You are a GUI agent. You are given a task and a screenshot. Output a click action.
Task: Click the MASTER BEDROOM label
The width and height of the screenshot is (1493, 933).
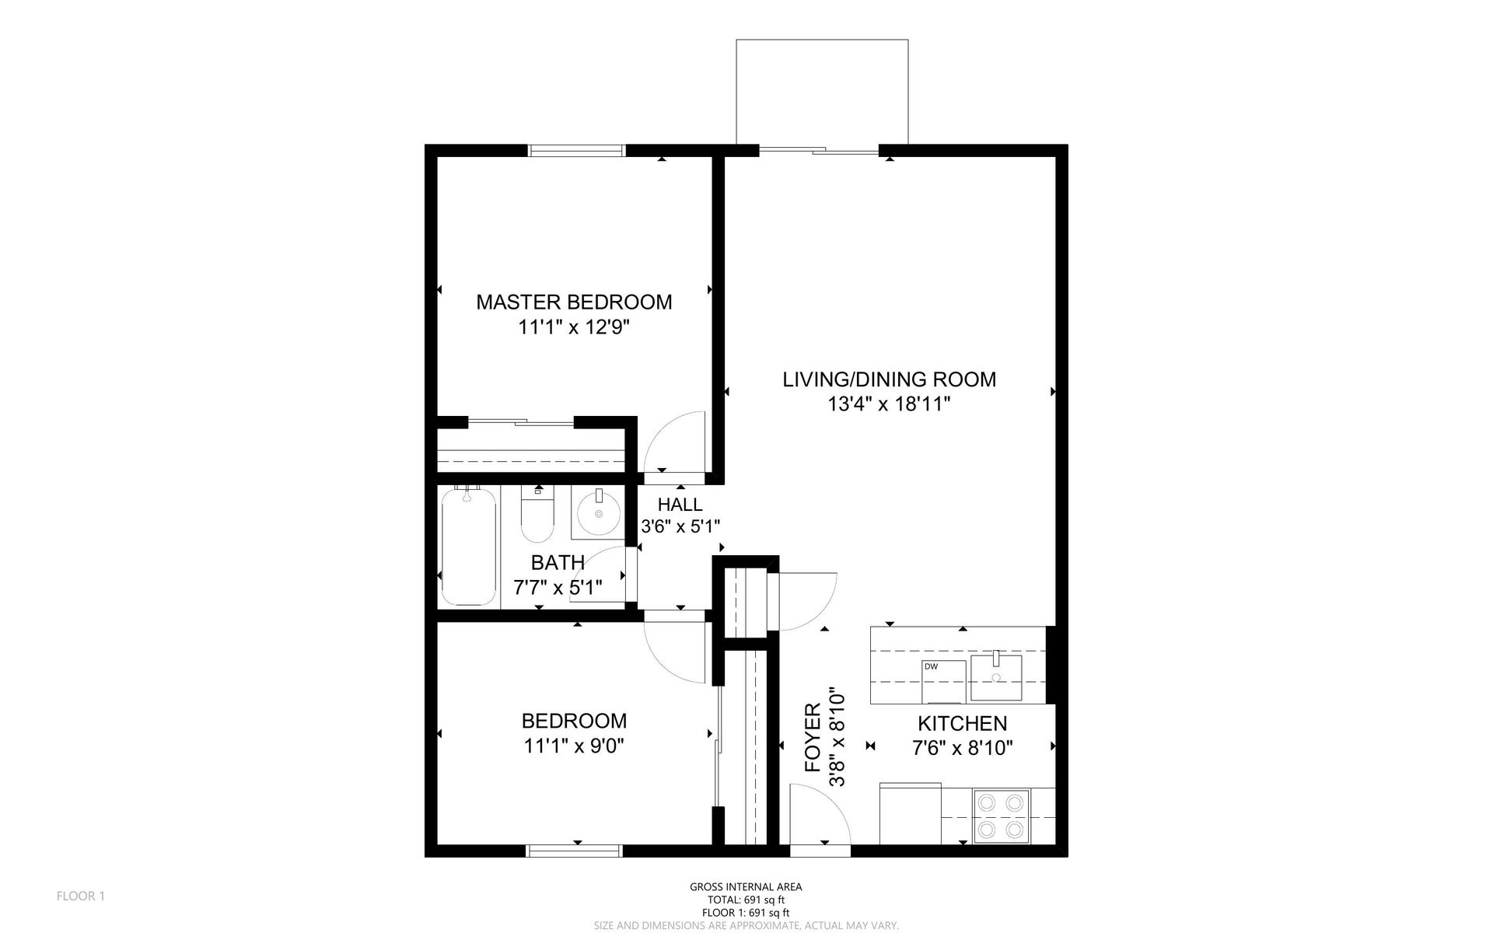click(x=574, y=302)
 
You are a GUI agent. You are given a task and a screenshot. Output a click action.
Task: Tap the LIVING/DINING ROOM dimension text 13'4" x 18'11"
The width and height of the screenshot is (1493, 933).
click(x=890, y=404)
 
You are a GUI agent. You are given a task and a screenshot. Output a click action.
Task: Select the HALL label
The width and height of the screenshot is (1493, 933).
click(x=680, y=505)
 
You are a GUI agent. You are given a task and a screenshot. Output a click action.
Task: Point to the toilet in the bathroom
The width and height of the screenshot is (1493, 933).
click(x=537, y=513)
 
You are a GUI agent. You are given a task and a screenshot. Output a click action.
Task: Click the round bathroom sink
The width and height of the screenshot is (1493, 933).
click(x=599, y=512)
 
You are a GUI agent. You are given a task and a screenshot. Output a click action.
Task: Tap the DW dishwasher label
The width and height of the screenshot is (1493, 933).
click(x=931, y=666)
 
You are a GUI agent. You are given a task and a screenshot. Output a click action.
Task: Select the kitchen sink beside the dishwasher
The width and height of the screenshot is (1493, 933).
click(x=996, y=677)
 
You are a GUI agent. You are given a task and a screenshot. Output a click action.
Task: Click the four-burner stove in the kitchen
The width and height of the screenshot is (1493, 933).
click(x=1001, y=816)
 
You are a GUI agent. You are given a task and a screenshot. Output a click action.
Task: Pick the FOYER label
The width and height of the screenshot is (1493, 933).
click(x=813, y=738)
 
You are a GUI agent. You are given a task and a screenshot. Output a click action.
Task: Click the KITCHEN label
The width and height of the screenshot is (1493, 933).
click(x=962, y=724)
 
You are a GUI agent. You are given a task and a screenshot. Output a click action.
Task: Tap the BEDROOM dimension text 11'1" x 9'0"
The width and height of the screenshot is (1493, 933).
click(x=574, y=746)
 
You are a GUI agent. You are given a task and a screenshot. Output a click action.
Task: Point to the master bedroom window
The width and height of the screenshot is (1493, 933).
click(x=577, y=150)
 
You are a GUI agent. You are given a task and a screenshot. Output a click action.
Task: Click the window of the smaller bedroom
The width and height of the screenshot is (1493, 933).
click(x=575, y=851)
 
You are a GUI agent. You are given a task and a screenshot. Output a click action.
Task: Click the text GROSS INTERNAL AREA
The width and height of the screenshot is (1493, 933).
click(x=746, y=886)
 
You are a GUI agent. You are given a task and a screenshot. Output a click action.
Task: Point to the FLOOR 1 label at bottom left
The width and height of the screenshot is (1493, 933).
click(x=81, y=896)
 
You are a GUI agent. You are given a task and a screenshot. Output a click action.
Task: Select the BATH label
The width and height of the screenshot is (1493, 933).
click(x=558, y=562)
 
